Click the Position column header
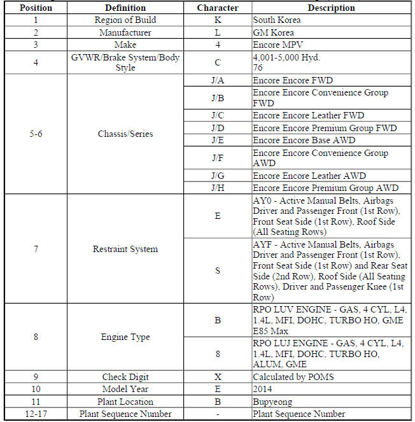pyautogui.click(x=35, y=8)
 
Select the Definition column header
pyautogui.click(x=125, y=8)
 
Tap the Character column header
pyautogui.click(x=218, y=8)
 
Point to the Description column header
pyautogui.click(x=331, y=8)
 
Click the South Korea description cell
pyautogui.click(x=277, y=20)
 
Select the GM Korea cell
pyautogui.click(x=274, y=32)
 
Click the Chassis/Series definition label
pyautogui.click(x=125, y=134)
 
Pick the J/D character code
pyautogui.click(x=218, y=129)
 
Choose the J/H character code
pyautogui.click(x=218, y=188)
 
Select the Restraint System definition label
pyautogui.click(x=125, y=249)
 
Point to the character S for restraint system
pyautogui.click(x=218, y=271)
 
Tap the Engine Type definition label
pyautogui.click(x=125, y=337)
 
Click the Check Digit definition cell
pyautogui.click(x=125, y=377)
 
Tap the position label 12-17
pyautogui.click(x=35, y=414)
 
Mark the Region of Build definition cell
pyautogui.click(x=125, y=20)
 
